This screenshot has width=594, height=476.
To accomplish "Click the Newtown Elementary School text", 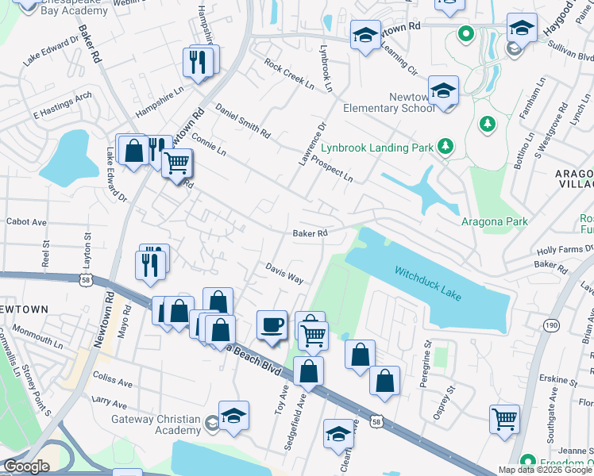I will coord(389,102).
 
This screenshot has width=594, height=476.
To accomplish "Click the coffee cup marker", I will coord(273,325).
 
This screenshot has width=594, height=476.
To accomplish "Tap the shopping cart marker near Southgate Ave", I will coord(505,418).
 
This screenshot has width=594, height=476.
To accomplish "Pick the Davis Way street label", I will coord(284,274).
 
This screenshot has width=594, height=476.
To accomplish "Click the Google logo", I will coord(26,466).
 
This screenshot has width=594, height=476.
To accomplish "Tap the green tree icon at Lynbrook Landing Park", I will coord(446,145).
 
